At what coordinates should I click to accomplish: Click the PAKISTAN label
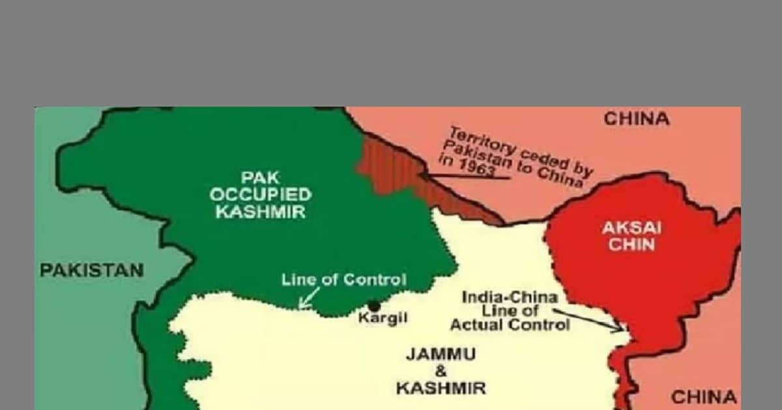tap(92, 270)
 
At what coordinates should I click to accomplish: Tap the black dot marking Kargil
tap(374, 305)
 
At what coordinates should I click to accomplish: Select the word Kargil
tap(383, 319)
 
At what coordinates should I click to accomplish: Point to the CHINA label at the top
tap(636, 119)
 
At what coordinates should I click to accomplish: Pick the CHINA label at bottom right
tap(704, 396)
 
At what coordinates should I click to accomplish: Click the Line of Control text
tap(343, 280)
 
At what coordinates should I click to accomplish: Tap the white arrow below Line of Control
tap(309, 299)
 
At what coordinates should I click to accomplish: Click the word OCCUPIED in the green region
tap(261, 195)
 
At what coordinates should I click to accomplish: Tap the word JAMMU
tap(441, 355)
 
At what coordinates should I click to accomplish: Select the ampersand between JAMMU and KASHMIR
tap(441, 372)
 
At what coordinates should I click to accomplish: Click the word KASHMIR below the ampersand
tap(441, 389)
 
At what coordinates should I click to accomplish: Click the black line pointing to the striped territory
tap(463, 176)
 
